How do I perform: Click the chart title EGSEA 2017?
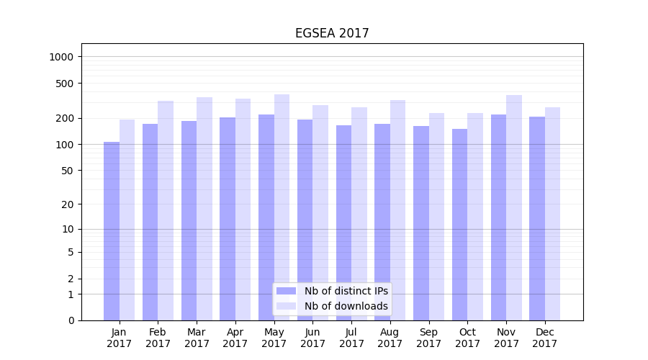click(332, 34)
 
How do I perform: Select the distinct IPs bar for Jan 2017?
click(112, 230)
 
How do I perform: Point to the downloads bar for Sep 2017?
click(436, 216)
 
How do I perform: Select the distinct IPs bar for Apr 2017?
click(228, 219)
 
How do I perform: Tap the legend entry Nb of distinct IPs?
click(346, 291)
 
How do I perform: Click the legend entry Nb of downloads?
click(346, 306)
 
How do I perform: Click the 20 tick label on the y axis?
click(67, 204)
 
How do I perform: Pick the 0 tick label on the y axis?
click(71, 320)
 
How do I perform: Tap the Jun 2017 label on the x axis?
click(312, 338)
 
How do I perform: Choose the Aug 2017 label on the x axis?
click(390, 338)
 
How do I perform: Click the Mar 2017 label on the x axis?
click(197, 338)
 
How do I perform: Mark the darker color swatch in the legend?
click(286, 291)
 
